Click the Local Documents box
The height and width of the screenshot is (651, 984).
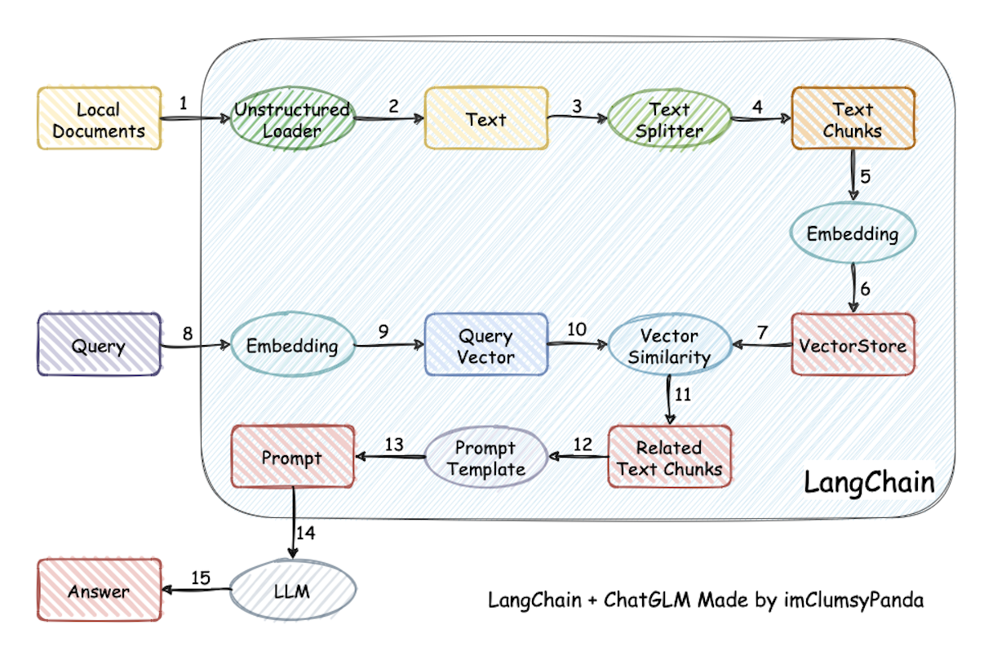tap(99, 119)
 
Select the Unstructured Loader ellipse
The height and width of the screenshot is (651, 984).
tap(292, 119)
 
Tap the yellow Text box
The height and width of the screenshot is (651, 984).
tap(485, 119)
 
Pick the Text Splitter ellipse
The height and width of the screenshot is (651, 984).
tap(669, 119)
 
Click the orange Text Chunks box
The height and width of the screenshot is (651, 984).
tap(853, 119)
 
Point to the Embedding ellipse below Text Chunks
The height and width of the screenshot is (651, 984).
tap(853, 234)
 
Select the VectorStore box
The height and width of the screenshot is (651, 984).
tap(853, 344)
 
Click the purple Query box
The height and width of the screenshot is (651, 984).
tap(99, 344)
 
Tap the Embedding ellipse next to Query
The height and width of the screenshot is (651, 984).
tap(292, 344)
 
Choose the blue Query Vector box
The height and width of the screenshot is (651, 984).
tap(485, 344)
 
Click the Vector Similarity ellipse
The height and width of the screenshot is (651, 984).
tap(669, 346)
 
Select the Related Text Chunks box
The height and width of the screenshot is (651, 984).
tap(669, 457)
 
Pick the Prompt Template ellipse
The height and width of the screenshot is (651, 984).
tap(485, 458)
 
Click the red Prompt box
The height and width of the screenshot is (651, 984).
tap(292, 457)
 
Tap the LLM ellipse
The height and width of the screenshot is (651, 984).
tap(292, 591)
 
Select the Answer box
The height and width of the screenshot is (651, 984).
tap(99, 591)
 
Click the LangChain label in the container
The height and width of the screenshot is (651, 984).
tap(868, 481)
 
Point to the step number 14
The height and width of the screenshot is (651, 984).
tap(305, 533)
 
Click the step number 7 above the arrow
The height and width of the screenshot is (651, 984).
tap(763, 332)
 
